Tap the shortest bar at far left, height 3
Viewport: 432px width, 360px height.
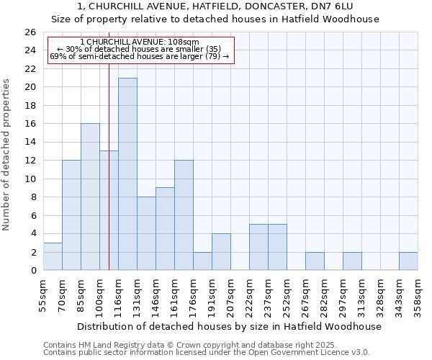[53, 256]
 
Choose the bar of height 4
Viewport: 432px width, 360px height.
[221, 252]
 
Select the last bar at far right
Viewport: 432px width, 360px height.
[408, 261]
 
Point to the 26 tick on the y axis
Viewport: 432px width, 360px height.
[30, 32]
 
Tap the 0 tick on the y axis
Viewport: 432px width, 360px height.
[32, 271]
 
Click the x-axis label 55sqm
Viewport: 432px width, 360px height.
[43, 295]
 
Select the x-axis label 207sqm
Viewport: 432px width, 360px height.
[230, 295]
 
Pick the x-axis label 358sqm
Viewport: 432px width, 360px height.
[418, 295]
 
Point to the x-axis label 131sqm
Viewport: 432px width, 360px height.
[137, 295]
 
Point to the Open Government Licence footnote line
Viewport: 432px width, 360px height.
[207, 352]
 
